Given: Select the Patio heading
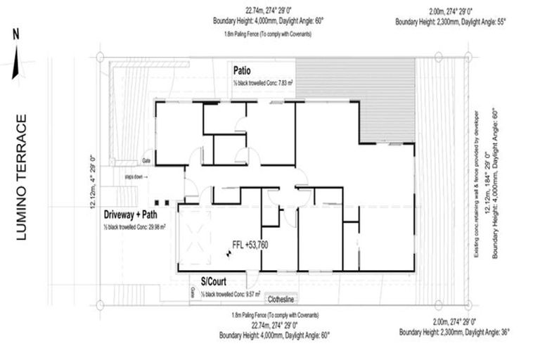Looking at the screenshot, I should click(243, 71).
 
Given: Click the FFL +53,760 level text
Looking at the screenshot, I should click(250, 245).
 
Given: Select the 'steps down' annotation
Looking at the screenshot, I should click(134, 176).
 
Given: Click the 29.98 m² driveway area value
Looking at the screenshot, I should click(163, 226).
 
